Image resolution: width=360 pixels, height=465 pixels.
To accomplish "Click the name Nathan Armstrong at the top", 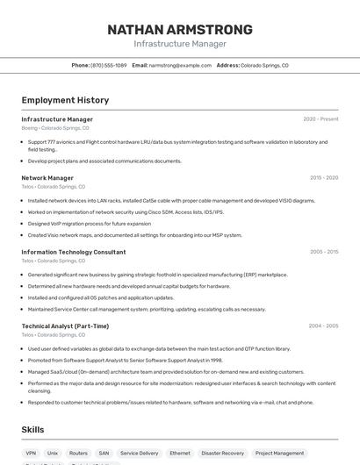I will [x=179, y=29].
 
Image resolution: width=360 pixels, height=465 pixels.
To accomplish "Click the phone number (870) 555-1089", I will [x=109, y=65].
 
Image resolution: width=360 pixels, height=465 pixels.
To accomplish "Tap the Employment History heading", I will [x=65, y=100].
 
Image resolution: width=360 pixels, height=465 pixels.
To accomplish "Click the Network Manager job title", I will [x=47, y=178].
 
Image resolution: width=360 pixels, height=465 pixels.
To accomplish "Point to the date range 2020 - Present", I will [x=320, y=119].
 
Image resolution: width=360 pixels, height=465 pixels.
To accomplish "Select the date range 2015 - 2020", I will [x=323, y=178].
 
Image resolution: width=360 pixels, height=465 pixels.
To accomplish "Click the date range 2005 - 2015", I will [x=323, y=252].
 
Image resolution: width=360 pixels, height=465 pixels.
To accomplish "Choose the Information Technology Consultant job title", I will [x=74, y=252].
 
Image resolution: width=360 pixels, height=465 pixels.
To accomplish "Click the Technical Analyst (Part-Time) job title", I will [x=65, y=325].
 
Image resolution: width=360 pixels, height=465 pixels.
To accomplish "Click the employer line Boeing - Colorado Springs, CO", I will [x=55, y=128].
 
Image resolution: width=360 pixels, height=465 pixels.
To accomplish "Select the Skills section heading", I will [x=33, y=430].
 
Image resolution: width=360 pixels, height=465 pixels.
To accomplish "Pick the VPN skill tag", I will [x=31, y=454].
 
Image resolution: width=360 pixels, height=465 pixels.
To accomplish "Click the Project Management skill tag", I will [x=279, y=454].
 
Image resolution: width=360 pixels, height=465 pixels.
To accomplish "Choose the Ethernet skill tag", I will [x=179, y=454].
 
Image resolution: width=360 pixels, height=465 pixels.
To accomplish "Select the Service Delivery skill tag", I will [x=139, y=454].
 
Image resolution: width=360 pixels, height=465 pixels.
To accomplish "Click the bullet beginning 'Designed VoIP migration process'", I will [x=89, y=224].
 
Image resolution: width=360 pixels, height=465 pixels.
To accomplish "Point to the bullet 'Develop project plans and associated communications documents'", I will [x=104, y=161].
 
